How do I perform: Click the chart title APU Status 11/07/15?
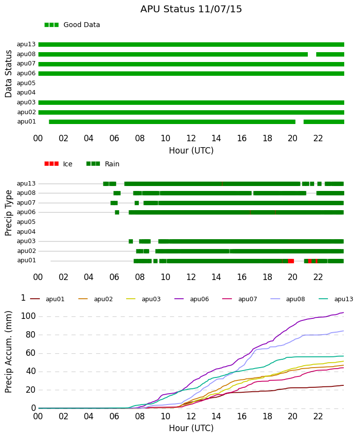[x=191, y=9]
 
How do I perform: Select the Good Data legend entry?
[x=72, y=25]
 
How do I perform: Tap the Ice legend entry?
[x=58, y=164]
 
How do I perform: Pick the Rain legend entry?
[x=102, y=164]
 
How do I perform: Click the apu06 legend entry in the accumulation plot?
[x=192, y=299]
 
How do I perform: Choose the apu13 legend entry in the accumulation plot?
[x=336, y=299]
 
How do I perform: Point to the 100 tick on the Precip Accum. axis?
[x=28, y=316]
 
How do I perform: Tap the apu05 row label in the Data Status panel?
[x=26, y=83]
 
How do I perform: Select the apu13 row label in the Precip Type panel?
[x=26, y=183]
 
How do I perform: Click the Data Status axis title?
[x=8, y=74]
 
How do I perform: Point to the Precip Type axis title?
[x=8, y=213]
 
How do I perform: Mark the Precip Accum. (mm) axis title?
[x=8, y=352]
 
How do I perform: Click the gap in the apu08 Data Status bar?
[x=312, y=54]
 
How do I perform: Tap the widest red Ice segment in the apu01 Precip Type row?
[x=291, y=261]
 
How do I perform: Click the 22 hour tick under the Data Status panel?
[x=318, y=138]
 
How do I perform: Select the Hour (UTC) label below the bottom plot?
[x=191, y=428]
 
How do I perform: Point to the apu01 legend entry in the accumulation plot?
[x=47, y=299]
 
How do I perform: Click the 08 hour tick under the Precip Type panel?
[x=140, y=277]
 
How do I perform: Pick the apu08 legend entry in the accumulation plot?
[x=288, y=299]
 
